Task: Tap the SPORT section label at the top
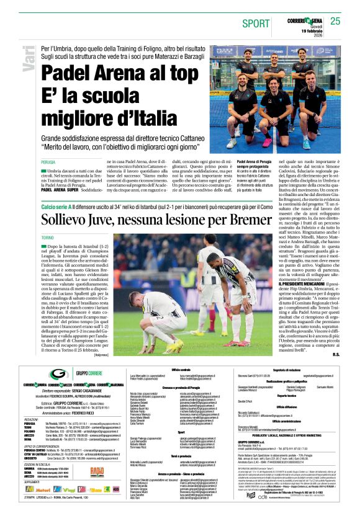(x=256, y=24)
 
